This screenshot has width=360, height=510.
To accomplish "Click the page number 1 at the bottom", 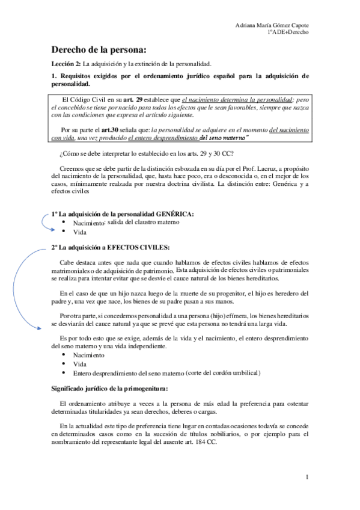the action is coord(307,478).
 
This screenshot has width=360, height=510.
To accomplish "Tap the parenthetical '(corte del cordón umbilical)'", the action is coord(223,373).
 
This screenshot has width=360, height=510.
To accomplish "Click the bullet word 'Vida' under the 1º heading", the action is coord(79,232).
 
